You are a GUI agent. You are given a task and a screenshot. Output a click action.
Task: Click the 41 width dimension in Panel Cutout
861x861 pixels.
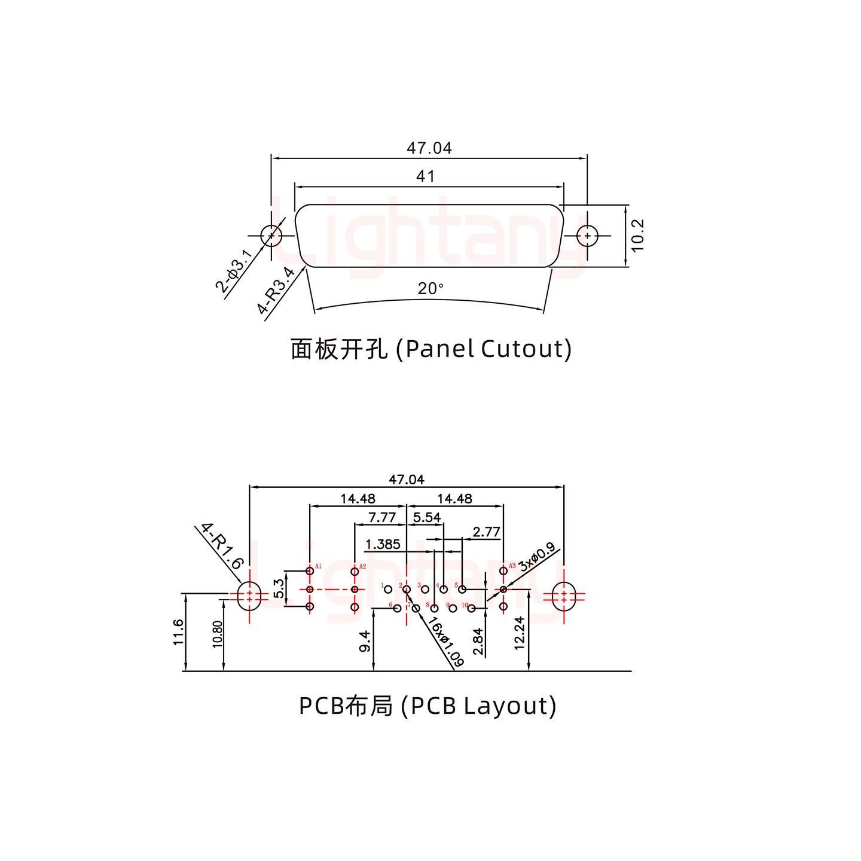point(425,176)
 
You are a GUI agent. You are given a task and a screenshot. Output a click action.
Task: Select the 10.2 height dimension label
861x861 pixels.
point(637,235)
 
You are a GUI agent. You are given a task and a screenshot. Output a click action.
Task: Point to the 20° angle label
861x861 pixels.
point(430,289)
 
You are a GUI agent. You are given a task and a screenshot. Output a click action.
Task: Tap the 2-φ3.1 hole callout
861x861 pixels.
point(234,271)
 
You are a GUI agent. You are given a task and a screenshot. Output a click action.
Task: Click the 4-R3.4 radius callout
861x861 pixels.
point(276,291)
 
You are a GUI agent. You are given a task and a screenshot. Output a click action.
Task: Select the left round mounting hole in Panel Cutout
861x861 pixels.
point(271,235)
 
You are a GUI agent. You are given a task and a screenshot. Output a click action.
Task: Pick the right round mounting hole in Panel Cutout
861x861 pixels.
point(587,236)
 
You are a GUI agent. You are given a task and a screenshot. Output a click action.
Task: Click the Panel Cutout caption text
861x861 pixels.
point(430,349)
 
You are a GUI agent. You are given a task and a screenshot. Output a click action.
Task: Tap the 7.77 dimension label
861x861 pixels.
point(381,517)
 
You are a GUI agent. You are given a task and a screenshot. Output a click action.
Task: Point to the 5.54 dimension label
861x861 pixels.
point(427,517)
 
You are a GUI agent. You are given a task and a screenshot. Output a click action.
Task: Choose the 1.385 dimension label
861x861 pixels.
point(383,544)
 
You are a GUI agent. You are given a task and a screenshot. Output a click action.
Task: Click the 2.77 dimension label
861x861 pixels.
point(486,532)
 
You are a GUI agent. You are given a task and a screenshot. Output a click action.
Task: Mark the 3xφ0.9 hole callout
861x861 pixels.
point(537,557)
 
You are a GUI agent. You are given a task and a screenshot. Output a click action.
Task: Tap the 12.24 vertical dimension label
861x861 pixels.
point(519,633)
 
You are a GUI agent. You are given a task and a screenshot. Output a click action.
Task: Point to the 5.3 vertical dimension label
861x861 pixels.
point(279,589)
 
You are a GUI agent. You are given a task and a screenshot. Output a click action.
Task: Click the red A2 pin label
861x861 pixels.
point(362,566)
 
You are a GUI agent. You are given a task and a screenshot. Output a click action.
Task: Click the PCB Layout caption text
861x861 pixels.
point(428,706)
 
